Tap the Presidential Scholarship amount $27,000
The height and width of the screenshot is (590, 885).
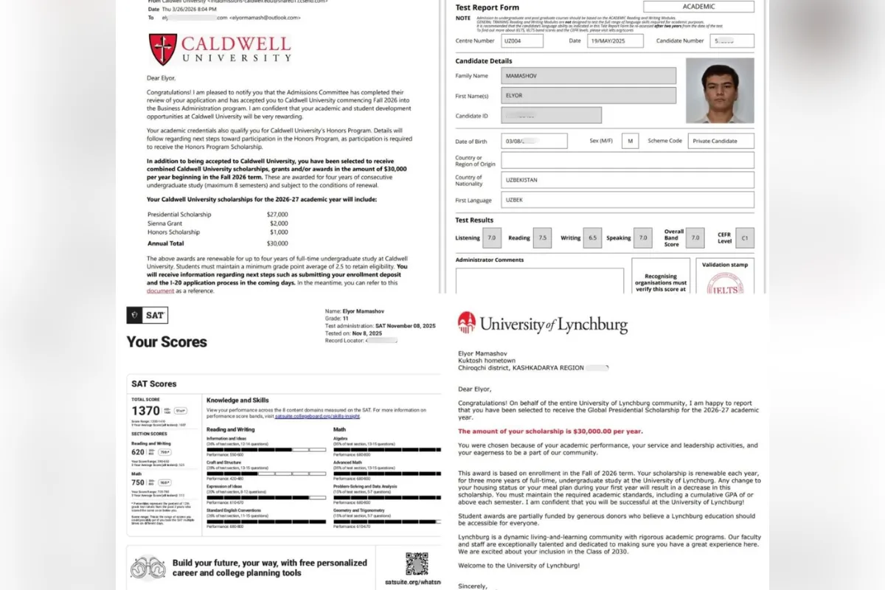pyautogui.click(x=277, y=214)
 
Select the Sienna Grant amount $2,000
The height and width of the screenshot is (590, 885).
pyautogui.click(x=278, y=223)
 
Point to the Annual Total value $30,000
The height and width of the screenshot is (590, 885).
pyautogui.click(x=277, y=243)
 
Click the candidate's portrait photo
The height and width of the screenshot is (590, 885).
pyautogui.click(x=719, y=91)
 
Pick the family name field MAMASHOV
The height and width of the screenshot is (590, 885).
pyautogui.click(x=589, y=75)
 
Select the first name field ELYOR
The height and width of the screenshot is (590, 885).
pyautogui.click(x=589, y=95)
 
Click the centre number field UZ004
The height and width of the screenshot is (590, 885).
pyautogui.click(x=521, y=41)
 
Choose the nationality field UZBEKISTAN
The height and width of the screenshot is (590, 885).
pyautogui.click(x=627, y=180)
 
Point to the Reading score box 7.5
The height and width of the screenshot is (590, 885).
pyautogui.click(x=542, y=237)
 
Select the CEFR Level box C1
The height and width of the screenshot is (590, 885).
pyautogui.click(x=744, y=237)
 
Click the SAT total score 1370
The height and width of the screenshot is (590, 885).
pyautogui.click(x=146, y=411)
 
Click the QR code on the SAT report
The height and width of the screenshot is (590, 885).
pyautogui.click(x=417, y=563)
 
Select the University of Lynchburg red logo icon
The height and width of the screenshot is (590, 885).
pyautogui.click(x=466, y=322)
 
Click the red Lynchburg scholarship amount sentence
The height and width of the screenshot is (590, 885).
pyautogui.click(x=550, y=431)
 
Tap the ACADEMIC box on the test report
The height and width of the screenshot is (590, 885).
pyautogui.click(x=698, y=7)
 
